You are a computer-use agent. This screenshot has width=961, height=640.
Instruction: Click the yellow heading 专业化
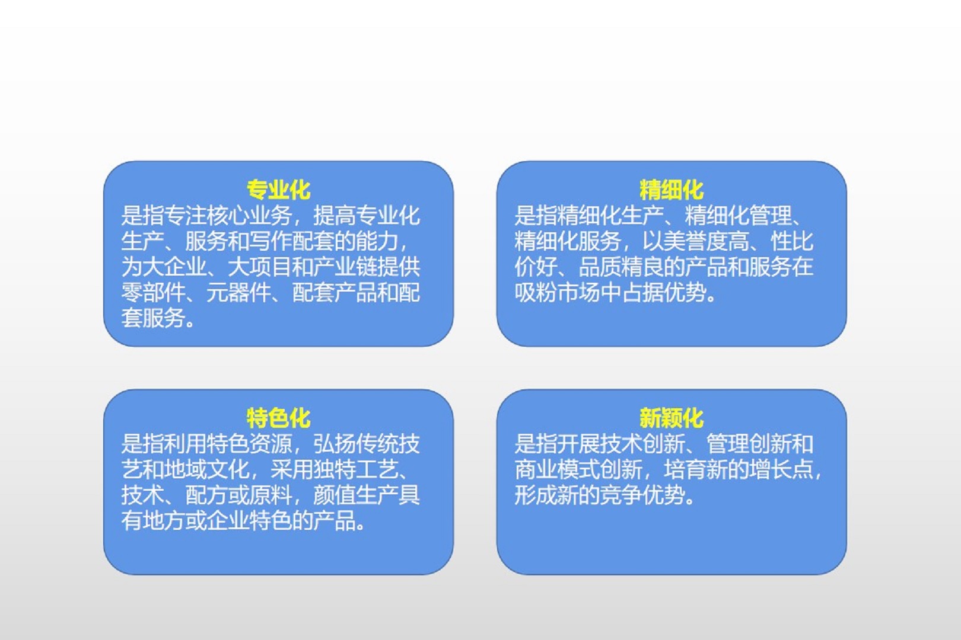[278, 190]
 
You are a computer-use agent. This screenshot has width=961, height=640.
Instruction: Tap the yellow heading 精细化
[672, 190]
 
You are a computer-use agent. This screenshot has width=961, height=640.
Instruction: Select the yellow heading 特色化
[278, 418]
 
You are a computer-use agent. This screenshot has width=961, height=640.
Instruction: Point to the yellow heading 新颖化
[672, 418]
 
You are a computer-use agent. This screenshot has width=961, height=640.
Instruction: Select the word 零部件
[153, 292]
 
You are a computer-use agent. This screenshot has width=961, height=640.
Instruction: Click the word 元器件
[238, 292]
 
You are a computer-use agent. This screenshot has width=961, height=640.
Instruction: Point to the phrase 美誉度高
[706, 241]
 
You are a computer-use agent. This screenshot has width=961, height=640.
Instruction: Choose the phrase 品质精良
[621, 267]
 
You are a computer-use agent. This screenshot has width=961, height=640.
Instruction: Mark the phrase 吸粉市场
[557, 292]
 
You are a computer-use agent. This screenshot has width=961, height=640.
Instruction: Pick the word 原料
[271, 495]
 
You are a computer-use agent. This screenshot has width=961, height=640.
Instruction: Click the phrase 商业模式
[557, 469]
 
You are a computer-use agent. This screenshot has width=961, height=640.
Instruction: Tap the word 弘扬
[335, 444]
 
